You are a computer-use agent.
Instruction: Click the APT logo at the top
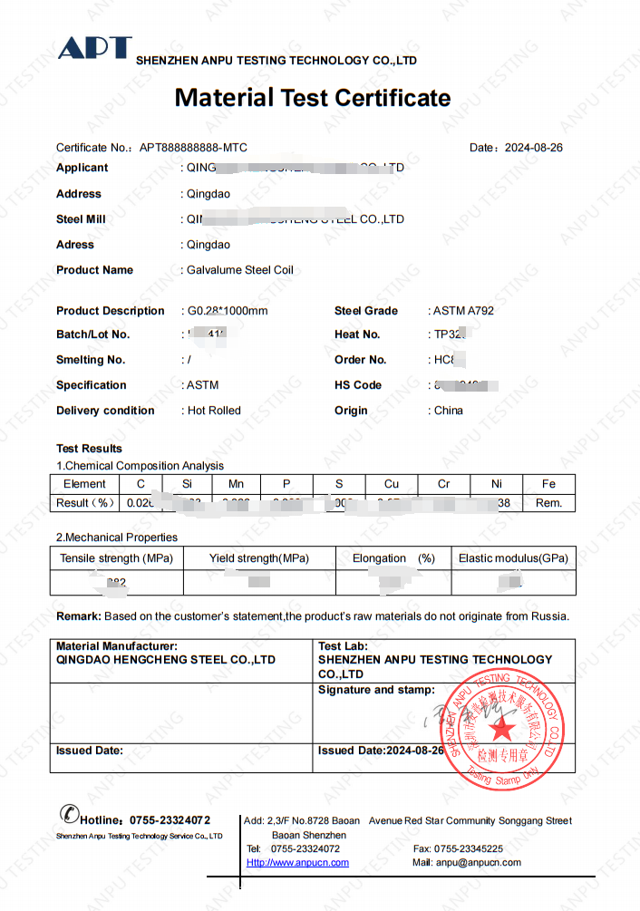(x=94, y=49)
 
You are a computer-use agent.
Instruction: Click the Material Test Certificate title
(x=312, y=98)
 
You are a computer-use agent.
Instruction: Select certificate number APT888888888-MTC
(x=192, y=148)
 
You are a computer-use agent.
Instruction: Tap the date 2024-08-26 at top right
(x=533, y=148)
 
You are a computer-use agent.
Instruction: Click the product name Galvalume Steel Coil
(x=239, y=270)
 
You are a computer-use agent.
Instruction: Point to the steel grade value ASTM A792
(x=463, y=311)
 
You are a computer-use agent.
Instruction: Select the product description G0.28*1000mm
(x=227, y=311)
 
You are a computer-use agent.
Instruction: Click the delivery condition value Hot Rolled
(x=214, y=411)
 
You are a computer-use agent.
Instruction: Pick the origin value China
(x=448, y=411)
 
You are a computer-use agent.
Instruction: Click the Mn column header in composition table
(x=236, y=484)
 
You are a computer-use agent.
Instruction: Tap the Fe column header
(x=548, y=484)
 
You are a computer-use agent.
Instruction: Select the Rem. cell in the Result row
(x=548, y=503)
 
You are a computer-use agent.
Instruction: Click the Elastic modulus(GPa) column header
(x=513, y=558)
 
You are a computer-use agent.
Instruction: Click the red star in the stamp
(x=504, y=728)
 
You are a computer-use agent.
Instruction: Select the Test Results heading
(x=89, y=449)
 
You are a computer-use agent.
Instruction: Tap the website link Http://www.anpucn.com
(x=297, y=863)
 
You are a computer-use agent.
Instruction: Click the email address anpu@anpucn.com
(x=479, y=863)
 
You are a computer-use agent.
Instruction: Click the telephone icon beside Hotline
(x=68, y=815)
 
